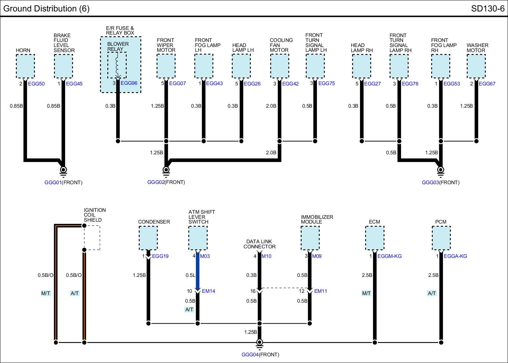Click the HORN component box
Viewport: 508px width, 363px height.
[25, 66]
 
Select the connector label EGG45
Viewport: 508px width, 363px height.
[74, 84]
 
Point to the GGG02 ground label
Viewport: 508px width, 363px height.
[156, 182]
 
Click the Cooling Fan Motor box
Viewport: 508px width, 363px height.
[280, 66]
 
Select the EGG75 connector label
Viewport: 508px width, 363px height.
[327, 84]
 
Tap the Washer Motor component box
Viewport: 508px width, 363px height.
[476, 66]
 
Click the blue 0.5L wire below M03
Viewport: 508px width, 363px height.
[197, 271]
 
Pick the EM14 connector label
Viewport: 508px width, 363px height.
[208, 291]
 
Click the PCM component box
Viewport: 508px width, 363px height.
[441, 238]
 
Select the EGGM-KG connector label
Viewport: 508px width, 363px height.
[389, 256]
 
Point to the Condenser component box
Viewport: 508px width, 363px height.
[148, 238]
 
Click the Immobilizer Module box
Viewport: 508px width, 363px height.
[310, 238]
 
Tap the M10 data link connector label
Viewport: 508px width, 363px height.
[266, 256]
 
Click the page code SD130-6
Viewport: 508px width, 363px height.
[488, 9]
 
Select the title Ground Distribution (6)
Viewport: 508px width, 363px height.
[46, 9]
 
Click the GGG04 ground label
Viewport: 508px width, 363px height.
[250, 355]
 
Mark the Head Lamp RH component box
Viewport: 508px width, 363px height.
[362, 66]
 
